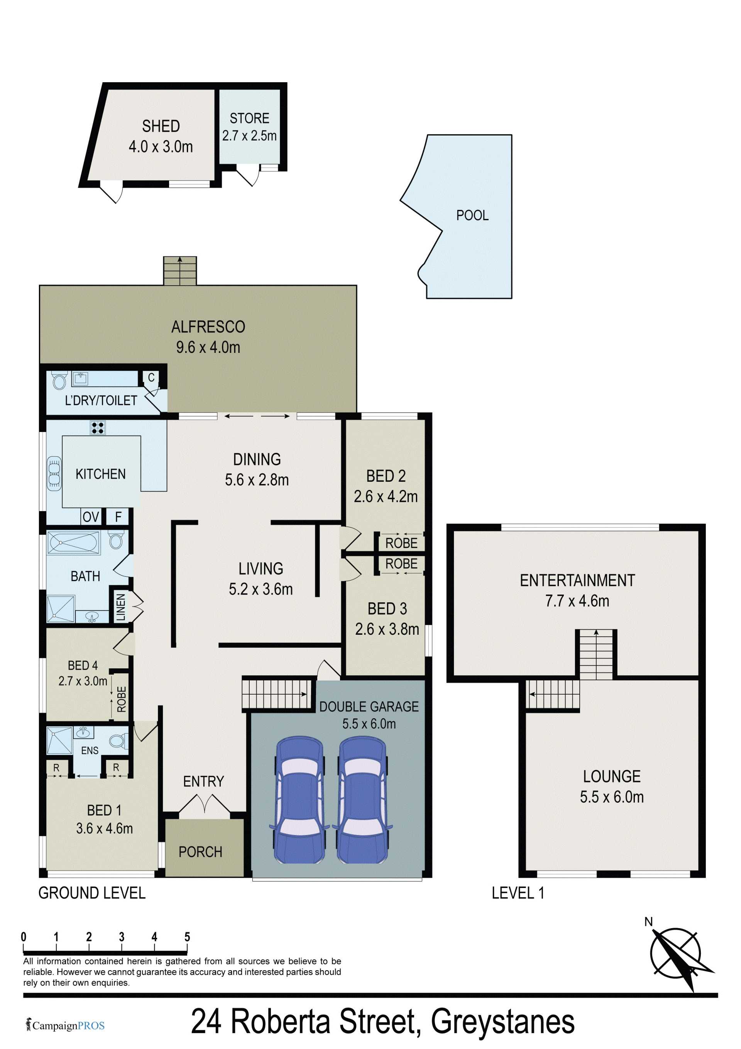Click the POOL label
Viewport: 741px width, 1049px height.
(x=472, y=215)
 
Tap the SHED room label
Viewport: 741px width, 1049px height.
(x=161, y=126)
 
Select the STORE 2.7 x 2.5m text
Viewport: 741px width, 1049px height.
(x=249, y=127)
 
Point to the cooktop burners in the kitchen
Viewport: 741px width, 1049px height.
(x=98, y=428)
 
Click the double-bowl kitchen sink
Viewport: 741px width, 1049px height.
(x=54, y=473)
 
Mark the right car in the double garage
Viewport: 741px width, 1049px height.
(x=363, y=800)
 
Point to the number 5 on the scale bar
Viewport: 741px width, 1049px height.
(x=187, y=937)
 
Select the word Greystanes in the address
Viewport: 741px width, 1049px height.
(x=502, y=1022)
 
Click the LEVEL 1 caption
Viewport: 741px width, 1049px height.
(x=518, y=893)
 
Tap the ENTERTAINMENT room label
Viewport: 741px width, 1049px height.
(x=577, y=580)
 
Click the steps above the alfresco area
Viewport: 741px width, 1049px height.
(x=180, y=271)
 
